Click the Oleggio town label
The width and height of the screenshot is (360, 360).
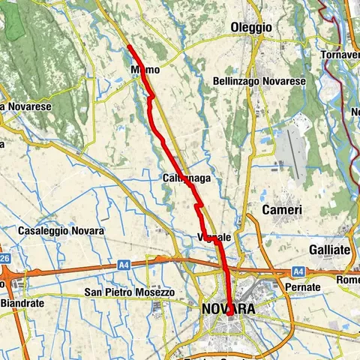click(251, 28)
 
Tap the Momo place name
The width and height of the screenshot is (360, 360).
click(144, 70)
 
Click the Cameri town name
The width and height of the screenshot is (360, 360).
click(282, 211)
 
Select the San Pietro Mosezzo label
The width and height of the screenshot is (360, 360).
click(129, 292)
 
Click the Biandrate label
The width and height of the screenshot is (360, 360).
click(22, 304)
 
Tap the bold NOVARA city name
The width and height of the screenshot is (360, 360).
click(228, 309)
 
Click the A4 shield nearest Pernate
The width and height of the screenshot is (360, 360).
click(298, 271)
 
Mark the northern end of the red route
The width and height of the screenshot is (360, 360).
click(129, 46)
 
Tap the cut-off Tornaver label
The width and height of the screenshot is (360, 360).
click(340, 56)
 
